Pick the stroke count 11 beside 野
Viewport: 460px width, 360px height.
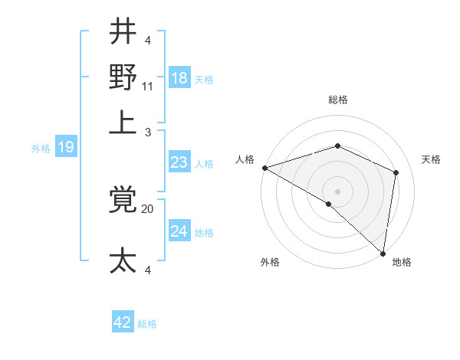[149, 86]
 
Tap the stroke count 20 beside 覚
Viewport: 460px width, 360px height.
[148, 208]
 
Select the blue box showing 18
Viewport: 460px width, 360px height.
[179, 78]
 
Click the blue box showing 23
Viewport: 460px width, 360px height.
[179, 162]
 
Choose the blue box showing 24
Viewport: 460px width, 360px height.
[179, 231]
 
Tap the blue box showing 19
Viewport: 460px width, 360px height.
[65, 147]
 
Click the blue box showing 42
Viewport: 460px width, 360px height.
[123, 322]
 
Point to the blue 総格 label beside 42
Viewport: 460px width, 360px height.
[147, 324]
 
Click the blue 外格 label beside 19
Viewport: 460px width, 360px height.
[41, 149]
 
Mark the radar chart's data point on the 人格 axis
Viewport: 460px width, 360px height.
[264, 167]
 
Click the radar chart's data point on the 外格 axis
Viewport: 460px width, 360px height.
[329, 204]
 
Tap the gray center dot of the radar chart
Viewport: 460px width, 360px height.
[337, 191]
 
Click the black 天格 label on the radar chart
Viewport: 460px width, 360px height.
[431, 159]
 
